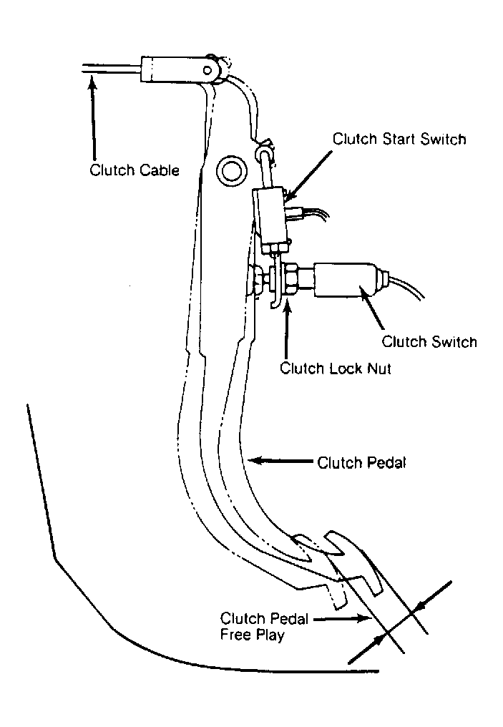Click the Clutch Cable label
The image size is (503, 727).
(135, 170)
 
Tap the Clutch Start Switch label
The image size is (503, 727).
(399, 139)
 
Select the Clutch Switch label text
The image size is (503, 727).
(429, 342)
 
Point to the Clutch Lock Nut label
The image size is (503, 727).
(335, 369)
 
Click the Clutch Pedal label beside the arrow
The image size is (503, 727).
(361, 463)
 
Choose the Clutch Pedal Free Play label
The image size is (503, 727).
(264, 627)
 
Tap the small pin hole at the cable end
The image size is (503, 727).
(207, 70)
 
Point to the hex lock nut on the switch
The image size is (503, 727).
(291, 280)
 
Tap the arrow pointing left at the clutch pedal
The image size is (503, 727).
(281, 461)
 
